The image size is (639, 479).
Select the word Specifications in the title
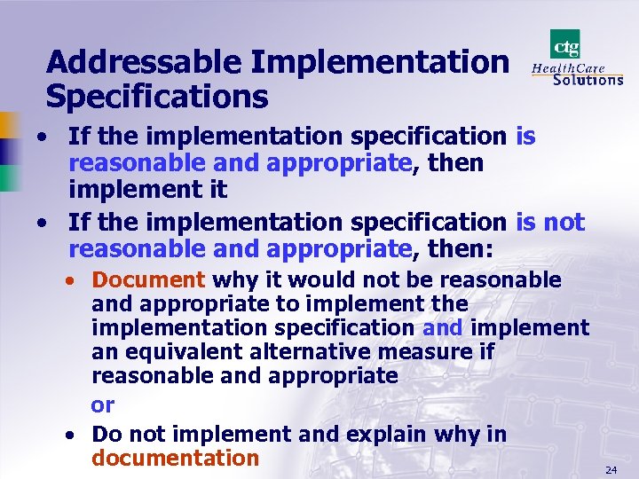tap(157, 97)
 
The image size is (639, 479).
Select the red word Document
tap(148, 280)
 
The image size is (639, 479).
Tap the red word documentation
tap(175, 459)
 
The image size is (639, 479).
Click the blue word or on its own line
tap(103, 405)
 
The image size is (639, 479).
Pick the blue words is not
tap(550, 222)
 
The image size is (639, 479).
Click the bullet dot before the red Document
tap(70, 281)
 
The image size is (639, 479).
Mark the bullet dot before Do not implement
tap(70, 436)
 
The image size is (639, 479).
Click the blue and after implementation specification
tap(443, 328)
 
